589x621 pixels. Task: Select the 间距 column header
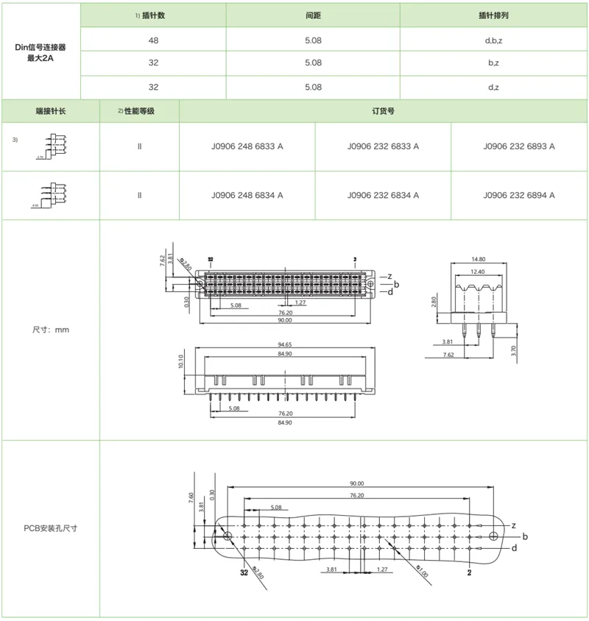[313, 15]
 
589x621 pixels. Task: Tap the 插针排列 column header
[494, 15]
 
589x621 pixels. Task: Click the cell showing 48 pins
[153, 40]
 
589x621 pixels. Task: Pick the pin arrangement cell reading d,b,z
[494, 40]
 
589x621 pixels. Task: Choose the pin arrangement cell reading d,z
[494, 87]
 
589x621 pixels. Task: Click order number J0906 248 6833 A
[247, 146]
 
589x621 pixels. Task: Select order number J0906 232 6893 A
[519, 146]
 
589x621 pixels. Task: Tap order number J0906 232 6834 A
[383, 195]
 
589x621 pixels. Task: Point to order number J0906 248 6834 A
[247, 195]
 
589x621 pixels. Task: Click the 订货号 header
[383, 111]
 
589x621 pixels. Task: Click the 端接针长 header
[51, 111]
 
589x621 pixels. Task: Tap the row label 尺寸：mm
[51, 330]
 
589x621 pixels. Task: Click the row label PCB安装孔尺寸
[51, 528]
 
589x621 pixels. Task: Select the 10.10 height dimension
[181, 363]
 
